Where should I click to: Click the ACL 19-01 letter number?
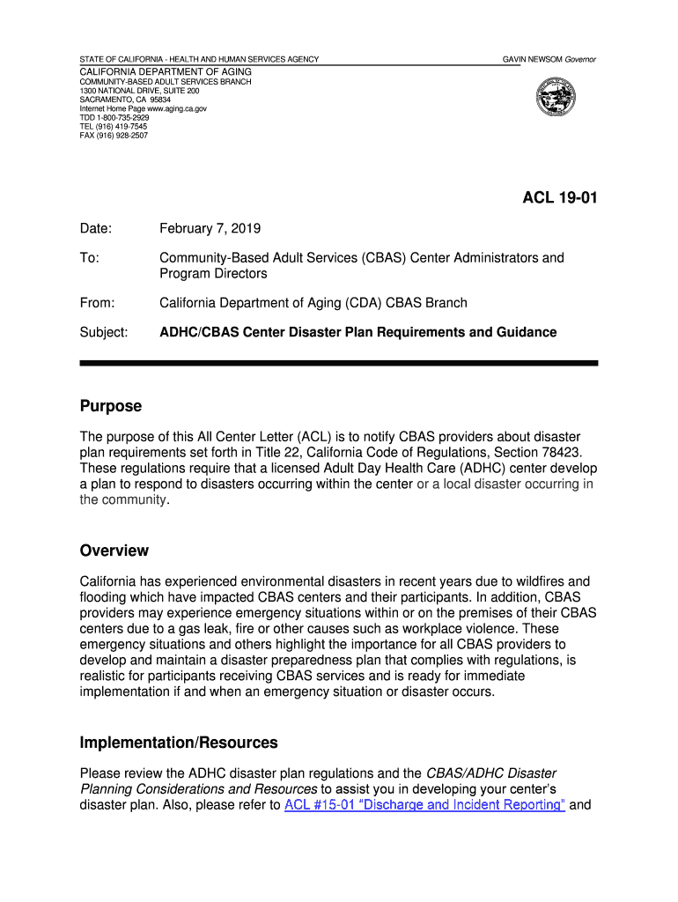[x=560, y=198]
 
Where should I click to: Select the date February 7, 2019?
[x=210, y=229]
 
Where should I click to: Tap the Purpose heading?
[x=110, y=406]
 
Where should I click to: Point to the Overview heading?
[x=114, y=551]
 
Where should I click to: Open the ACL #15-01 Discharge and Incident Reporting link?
[x=424, y=805]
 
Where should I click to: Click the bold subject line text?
[x=357, y=332]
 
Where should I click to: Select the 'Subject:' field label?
[x=104, y=332]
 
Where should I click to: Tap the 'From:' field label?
[x=98, y=303]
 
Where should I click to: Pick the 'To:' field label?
[x=89, y=258]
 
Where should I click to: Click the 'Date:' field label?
[x=96, y=229]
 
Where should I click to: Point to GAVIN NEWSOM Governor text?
[x=549, y=59]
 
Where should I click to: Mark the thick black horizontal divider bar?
[x=339, y=363]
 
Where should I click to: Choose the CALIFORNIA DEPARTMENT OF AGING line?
[x=166, y=71]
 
